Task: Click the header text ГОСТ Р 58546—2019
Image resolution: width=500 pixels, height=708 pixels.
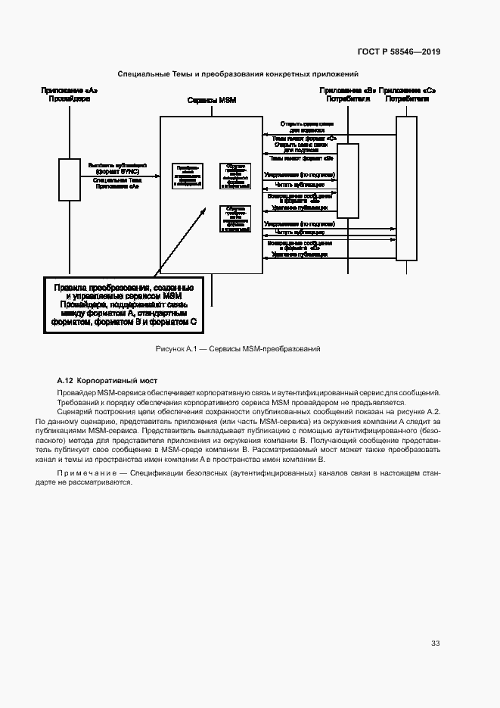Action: pyautogui.click(x=398, y=52)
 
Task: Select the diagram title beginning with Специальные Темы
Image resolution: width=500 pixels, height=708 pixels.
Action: pyautogui.click(x=238, y=73)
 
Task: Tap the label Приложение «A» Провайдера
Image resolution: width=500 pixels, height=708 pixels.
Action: pyautogui.click(x=70, y=95)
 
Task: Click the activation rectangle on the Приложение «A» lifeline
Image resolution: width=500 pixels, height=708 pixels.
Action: pyautogui.click(x=70, y=179)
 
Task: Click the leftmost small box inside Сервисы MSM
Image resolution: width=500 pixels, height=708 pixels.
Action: pyautogui.click(x=186, y=175)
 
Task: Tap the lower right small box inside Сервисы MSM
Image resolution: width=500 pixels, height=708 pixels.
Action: pyautogui.click(x=234, y=219)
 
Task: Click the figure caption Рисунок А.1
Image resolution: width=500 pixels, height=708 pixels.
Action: pyautogui.click(x=238, y=349)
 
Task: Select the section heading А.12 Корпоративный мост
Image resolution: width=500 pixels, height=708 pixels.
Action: pyautogui.click(x=107, y=380)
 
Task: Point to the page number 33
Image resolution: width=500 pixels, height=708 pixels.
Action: pyautogui.click(x=436, y=643)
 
